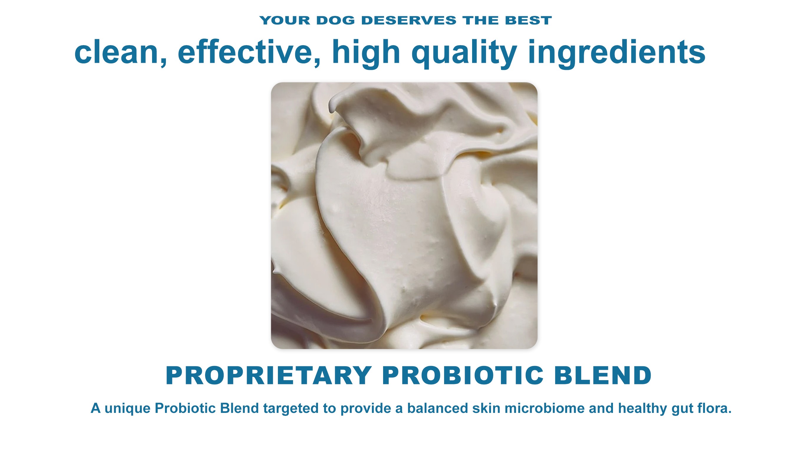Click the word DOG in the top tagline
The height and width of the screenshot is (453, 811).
click(336, 20)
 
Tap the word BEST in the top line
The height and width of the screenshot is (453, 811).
click(528, 20)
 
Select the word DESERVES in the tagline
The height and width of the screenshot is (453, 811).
click(409, 20)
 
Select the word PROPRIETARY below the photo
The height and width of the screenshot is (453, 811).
click(269, 375)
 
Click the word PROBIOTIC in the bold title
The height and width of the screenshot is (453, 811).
click(463, 375)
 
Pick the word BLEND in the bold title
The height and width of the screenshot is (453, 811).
click(603, 375)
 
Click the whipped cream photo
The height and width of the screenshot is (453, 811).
click(404, 216)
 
